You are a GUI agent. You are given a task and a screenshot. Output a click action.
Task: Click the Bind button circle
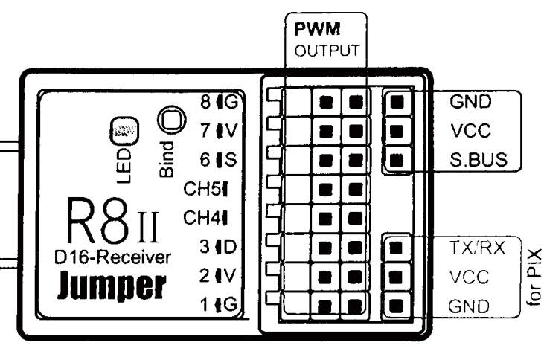point(170,120)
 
